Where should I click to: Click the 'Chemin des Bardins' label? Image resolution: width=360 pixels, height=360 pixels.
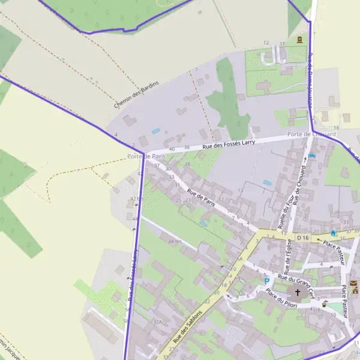136,94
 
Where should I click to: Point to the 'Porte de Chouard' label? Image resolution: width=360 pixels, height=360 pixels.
311,134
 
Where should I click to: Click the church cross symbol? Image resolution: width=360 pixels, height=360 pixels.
297,292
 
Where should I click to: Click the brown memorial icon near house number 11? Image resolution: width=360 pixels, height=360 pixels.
298,40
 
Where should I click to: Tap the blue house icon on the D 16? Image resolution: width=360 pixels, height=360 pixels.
334,232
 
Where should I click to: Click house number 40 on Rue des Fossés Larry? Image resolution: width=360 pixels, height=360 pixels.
172,149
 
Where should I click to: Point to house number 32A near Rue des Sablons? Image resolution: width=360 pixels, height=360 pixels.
158,322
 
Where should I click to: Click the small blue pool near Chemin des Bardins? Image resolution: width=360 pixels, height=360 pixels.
156,131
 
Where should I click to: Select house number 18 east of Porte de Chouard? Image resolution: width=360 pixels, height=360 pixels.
337,128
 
